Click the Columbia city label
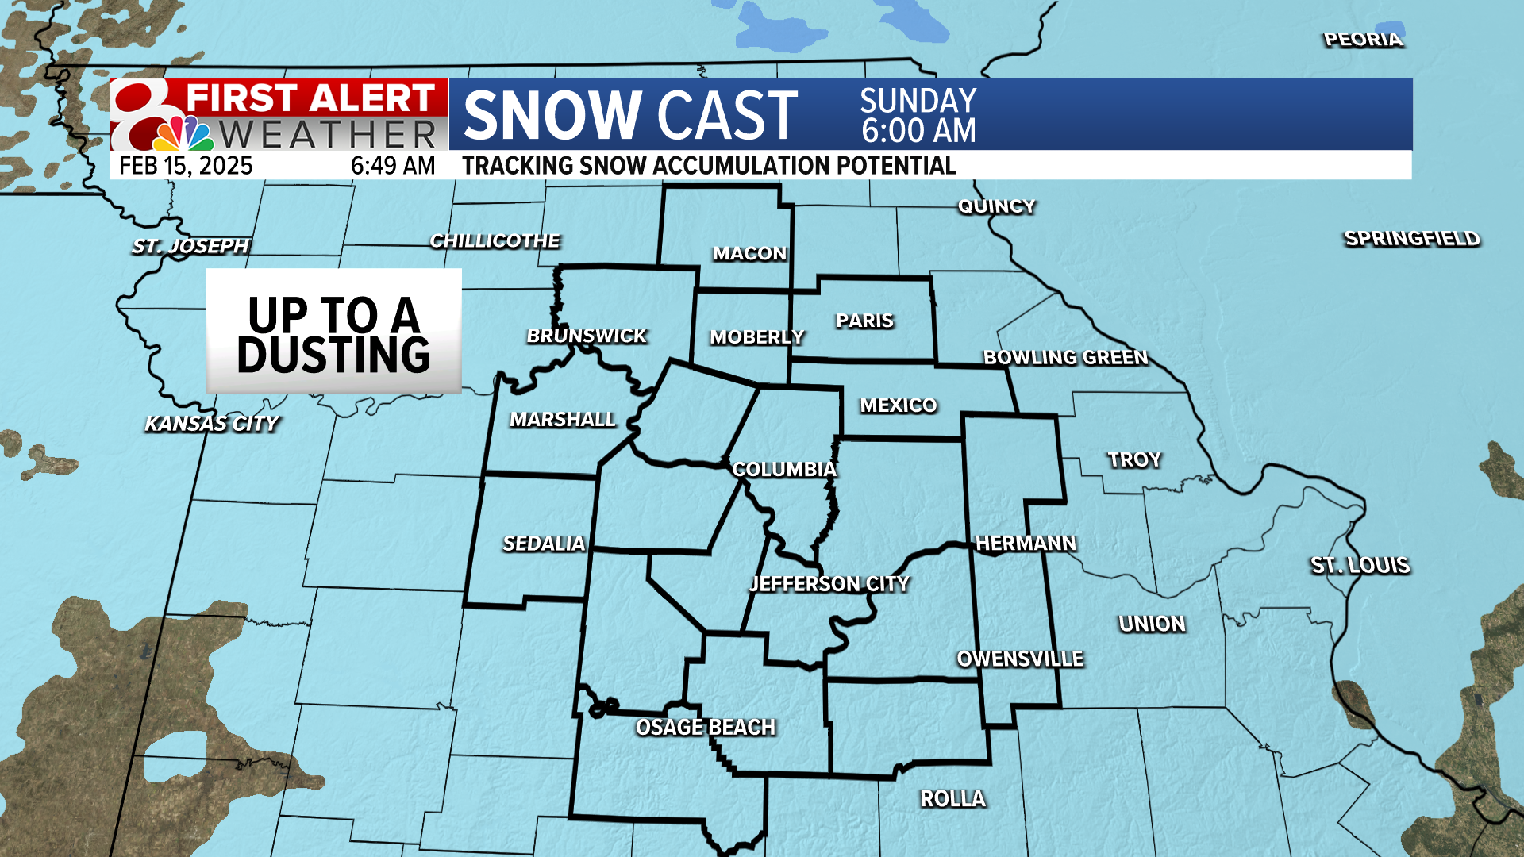(x=784, y=469)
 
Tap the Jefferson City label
(x=829, y=584)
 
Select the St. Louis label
(x=1360, y=565)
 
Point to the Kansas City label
(x=212, y=424)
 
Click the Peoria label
(x=1363, y=40)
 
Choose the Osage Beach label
(x=706, y=727)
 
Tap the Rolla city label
(x=952, y=798)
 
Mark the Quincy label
(x=996, y=206)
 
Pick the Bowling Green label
(x=1065, y=357)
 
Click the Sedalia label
(x=544, y=544)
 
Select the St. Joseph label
(x=190, y=246)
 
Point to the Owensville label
(x=1020, y=659)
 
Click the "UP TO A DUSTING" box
(x=333, y=332)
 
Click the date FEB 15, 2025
(x=186, y=166)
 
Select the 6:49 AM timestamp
(x=393, y=166)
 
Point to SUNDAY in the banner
(x=918, y=100)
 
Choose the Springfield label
(x=1411, y=238)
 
